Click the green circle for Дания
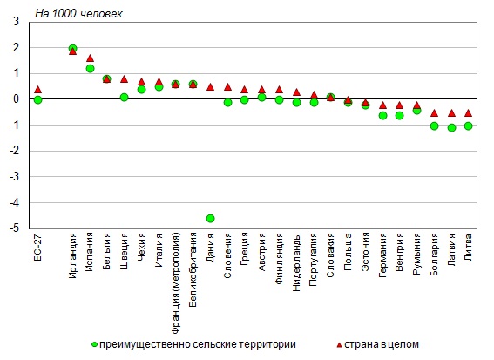211,218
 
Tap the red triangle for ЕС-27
37,90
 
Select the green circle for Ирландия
72,48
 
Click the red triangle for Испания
90,58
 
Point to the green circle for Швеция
124,97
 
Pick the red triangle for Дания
211,87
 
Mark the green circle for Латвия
451,127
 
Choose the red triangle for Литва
469,112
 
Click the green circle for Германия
382,116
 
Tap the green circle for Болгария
434,126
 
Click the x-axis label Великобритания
193,270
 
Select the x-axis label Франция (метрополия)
176,283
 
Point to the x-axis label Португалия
314,260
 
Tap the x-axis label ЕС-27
37,247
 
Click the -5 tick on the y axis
15,228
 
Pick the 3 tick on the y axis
16,22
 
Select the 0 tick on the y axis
16,99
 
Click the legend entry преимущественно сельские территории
193,344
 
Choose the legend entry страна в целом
377,344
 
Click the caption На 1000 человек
78,14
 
